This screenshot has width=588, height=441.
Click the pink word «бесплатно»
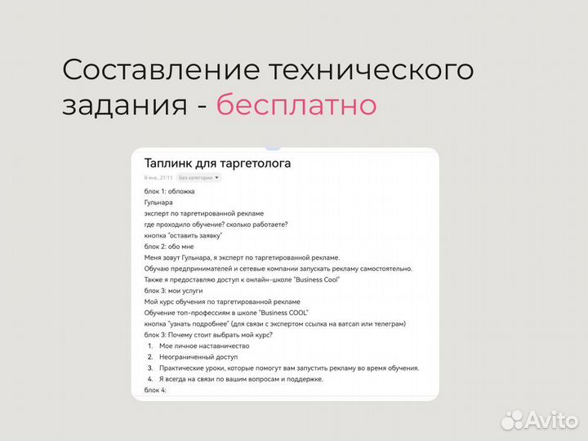[296, 105]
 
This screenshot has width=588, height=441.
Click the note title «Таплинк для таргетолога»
[217, 163]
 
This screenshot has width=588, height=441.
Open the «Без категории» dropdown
[199, 177]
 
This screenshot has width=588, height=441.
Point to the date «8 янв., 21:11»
[158, 177]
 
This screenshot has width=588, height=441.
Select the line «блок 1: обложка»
[170, 191]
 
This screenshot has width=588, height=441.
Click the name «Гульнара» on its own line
[158, 203]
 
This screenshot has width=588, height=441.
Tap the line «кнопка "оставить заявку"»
[183, 235]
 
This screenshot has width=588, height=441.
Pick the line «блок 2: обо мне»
[169, 246]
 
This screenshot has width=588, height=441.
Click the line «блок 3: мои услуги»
[174, 291]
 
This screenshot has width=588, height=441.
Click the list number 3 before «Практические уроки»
[150, 368]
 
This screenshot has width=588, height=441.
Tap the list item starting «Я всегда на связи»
[241, 379]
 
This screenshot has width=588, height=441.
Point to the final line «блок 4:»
[155, 390]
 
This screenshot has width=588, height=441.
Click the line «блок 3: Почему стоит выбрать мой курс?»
[208, 335]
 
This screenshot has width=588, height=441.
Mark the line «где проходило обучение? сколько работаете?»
[216, 225]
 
